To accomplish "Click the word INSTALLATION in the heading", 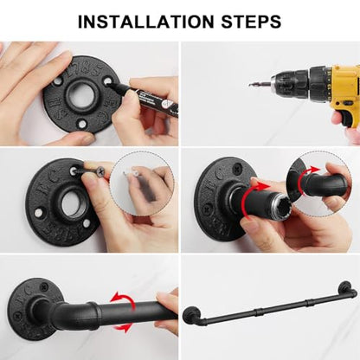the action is [146, 22].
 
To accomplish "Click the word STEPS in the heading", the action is [251, 22].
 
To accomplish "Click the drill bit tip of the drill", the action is [250, 85].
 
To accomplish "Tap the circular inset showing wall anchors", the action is [142, 183].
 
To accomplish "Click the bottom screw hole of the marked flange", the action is [82, 124].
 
